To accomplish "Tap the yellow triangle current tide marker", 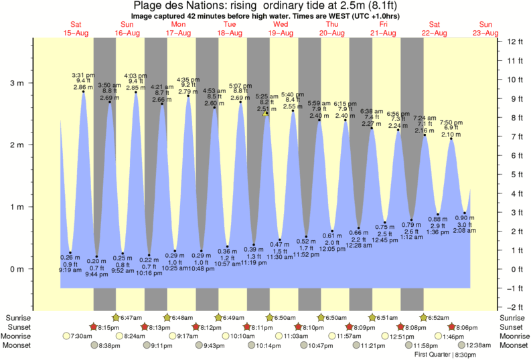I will click(266, 113).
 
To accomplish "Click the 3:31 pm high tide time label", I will click(83, 75).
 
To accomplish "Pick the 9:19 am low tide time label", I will click(70, 270).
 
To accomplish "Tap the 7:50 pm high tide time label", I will click(451, 122).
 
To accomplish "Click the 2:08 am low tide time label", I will click(465, 230).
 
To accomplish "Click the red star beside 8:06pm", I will click(452, 327).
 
